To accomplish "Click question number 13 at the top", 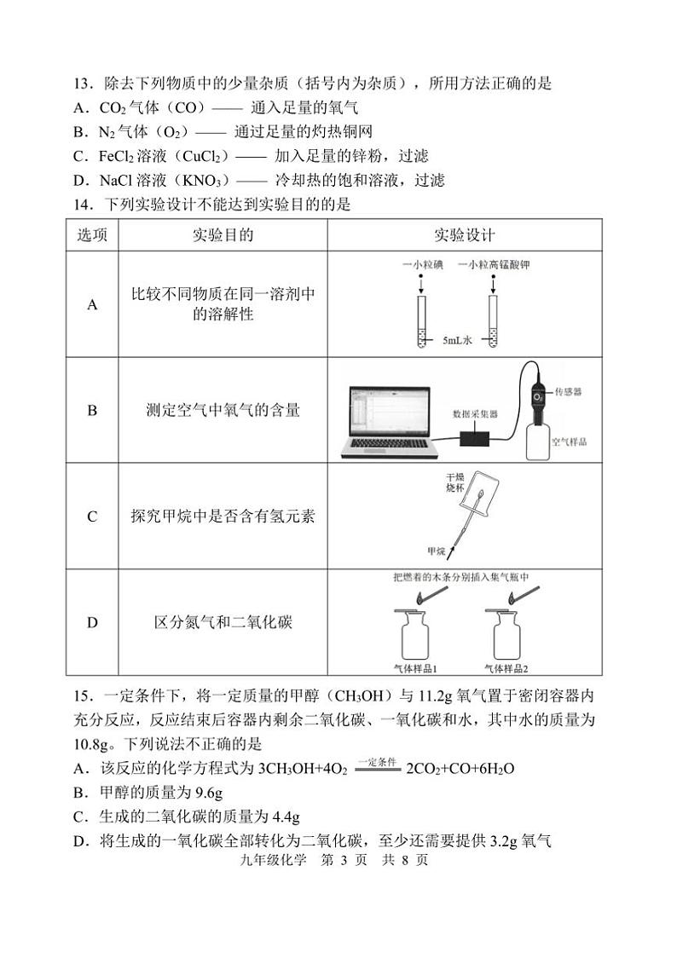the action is pos(83,84).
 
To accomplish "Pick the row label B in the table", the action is pos(93,411).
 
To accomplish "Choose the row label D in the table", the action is pos(93,623).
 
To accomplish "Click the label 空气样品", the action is pos(570,442).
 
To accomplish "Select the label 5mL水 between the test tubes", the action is pos(457,340).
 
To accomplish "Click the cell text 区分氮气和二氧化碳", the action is pos(223,623).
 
